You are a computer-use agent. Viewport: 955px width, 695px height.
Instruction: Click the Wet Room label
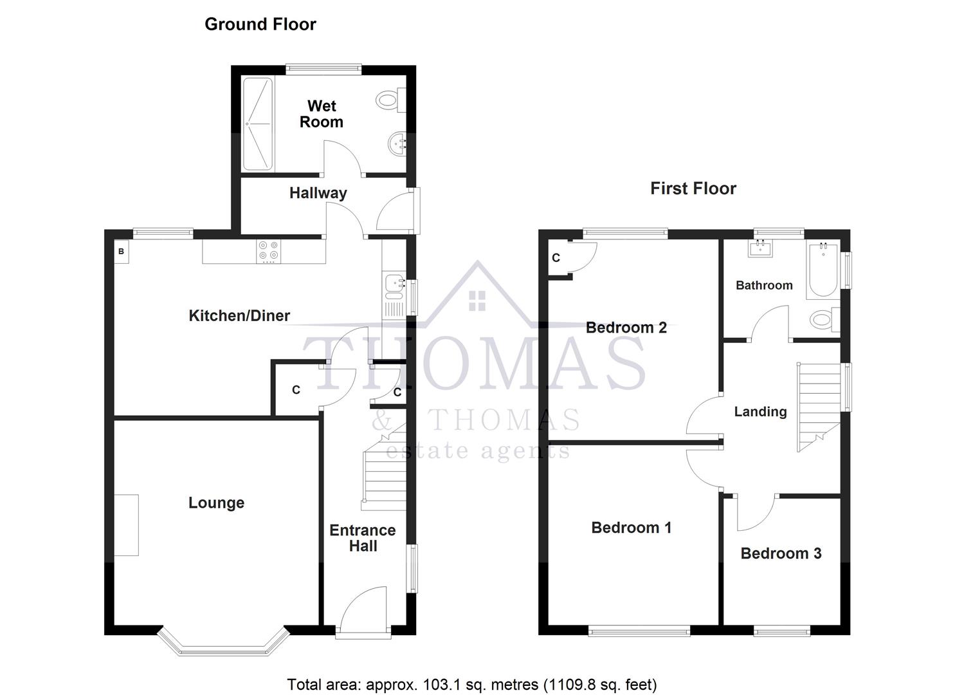point(322,114)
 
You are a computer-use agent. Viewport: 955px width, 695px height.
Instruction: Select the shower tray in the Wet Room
point(258,124)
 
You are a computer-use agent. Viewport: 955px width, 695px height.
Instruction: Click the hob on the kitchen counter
point(268,252)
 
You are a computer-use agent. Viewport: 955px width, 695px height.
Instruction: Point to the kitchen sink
point(393,284)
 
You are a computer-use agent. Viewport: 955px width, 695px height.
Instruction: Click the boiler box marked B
point(121,252)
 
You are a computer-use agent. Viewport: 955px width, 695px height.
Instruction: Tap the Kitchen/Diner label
point(239,315)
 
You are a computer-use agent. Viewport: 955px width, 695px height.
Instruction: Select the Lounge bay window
point(222,644)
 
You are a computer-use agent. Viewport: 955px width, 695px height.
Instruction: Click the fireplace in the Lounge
point(127,524)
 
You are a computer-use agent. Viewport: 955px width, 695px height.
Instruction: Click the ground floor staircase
point(384,470)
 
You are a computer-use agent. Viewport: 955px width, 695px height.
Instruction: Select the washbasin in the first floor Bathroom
point(761,247)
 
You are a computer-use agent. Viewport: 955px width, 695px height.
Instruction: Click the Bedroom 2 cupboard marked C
point(556,258)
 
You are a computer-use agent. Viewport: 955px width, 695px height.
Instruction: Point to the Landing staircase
point(819,405)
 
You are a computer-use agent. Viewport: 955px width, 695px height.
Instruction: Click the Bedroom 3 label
point(781,553)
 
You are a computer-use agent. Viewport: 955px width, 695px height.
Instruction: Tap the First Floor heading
point(693,189)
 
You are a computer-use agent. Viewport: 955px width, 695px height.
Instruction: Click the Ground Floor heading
point(260,24)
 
